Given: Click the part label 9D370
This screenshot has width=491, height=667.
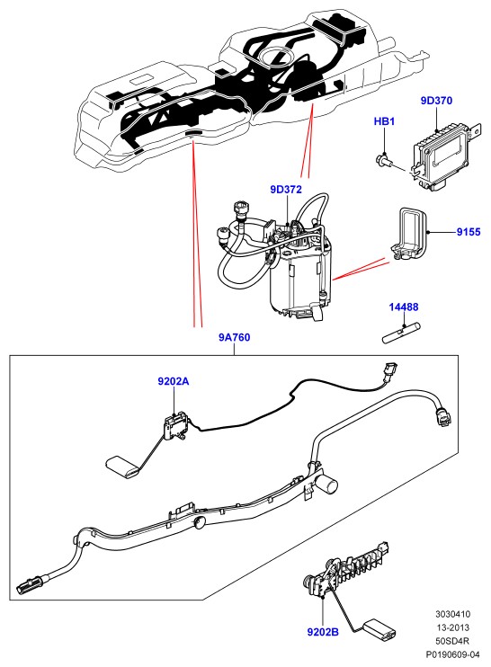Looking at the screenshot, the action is (436, 101).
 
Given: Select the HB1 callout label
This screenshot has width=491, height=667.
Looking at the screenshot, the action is (384, 121).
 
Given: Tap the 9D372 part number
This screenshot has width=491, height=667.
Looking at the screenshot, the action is (286, 190).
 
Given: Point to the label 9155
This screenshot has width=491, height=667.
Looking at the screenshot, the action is (469, 232).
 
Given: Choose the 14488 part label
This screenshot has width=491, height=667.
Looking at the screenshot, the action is (404, 307).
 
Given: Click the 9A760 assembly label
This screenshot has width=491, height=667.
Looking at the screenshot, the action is (235, 337).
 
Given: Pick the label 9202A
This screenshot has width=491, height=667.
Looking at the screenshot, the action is (174, 381).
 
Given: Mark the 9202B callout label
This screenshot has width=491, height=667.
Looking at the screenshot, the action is (323, 632).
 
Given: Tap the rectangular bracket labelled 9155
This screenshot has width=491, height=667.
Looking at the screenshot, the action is (407, 236).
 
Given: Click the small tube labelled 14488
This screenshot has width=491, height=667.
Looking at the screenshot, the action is (402, 333).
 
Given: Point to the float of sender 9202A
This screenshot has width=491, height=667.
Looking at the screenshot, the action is (122, 467).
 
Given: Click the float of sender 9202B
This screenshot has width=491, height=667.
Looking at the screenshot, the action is (379, 629).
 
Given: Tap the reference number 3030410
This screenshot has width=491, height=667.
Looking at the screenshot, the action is (452, 614).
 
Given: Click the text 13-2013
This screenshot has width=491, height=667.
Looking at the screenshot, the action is (452, 627).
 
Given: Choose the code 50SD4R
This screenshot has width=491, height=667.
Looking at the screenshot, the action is (452, 641).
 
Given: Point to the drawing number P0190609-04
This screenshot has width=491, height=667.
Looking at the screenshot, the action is (452, 654).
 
